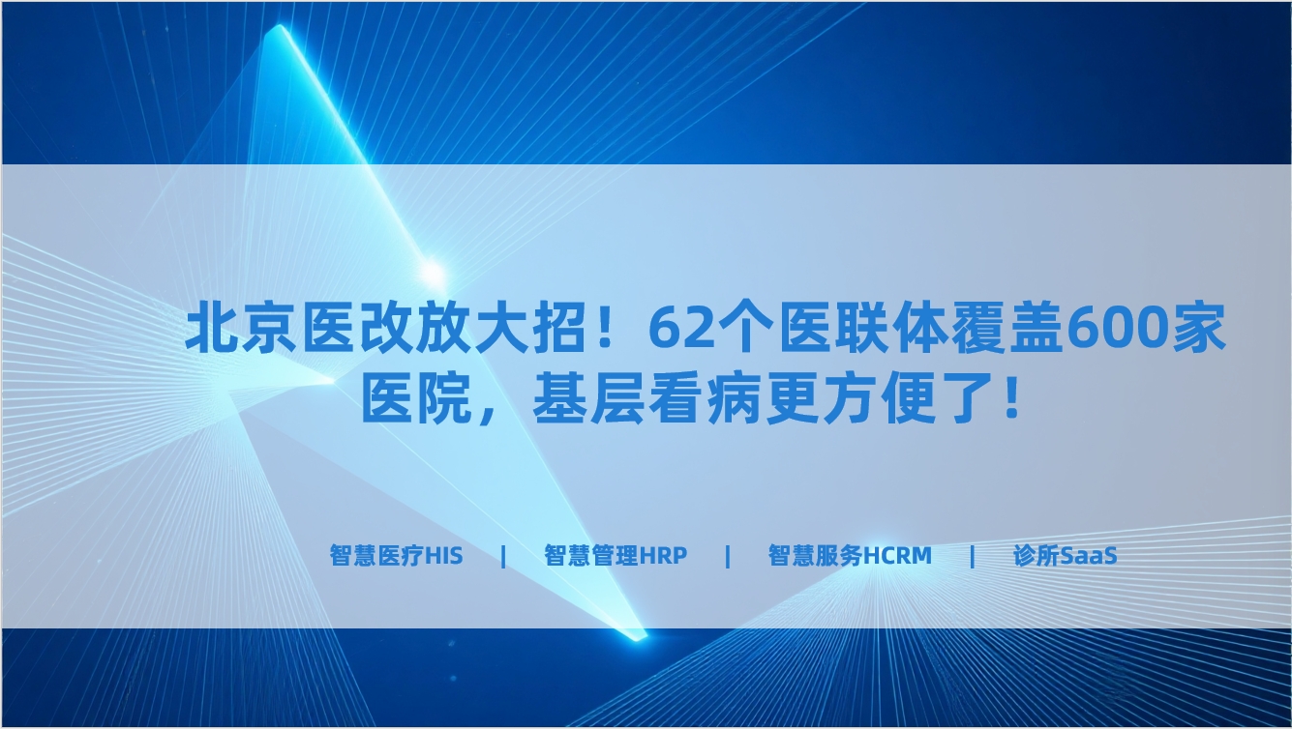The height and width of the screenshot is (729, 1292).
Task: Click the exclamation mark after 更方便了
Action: pos(1011,397)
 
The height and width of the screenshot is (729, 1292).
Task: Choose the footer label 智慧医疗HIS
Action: pos(396,556)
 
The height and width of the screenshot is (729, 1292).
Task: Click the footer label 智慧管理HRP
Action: pos(616,556)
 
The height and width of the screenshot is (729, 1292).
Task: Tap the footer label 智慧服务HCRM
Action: pos(850,556)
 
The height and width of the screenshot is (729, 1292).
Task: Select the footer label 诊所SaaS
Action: pos(1065,556)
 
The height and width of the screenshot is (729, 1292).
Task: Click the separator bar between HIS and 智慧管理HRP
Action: pos(504,556)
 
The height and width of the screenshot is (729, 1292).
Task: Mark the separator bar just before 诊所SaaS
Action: pos(973,556)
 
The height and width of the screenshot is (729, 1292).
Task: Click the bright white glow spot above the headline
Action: pos(432,273)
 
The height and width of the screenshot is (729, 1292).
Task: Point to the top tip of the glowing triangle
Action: pos(281,26)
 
